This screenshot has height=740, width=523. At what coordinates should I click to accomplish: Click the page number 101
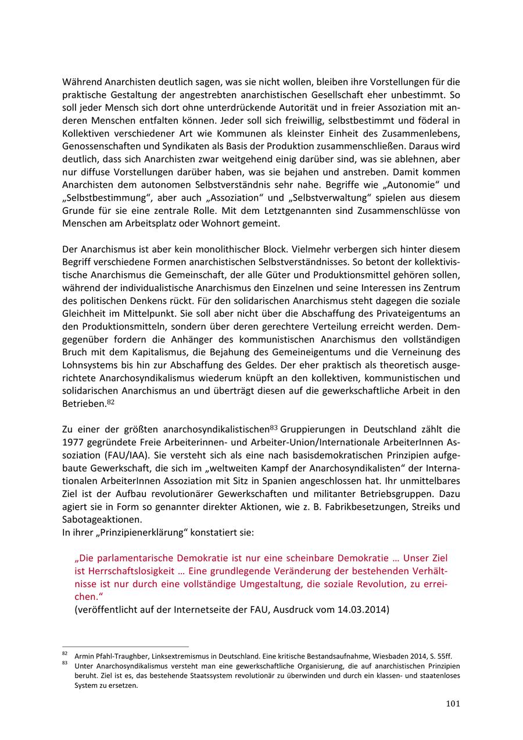[x=453, y=704]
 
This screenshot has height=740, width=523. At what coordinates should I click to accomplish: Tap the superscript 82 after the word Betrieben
[x=110, y=401]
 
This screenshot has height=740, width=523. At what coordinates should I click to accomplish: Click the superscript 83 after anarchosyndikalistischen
[x=274, y=428]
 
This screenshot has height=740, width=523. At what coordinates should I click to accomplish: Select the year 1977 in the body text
[x=73, y=442]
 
